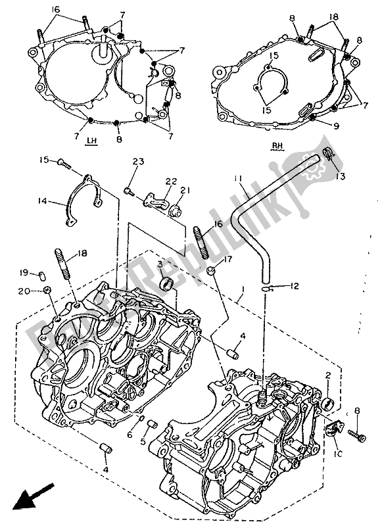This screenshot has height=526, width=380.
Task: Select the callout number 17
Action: pyautogui.click(x=228, y=259)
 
